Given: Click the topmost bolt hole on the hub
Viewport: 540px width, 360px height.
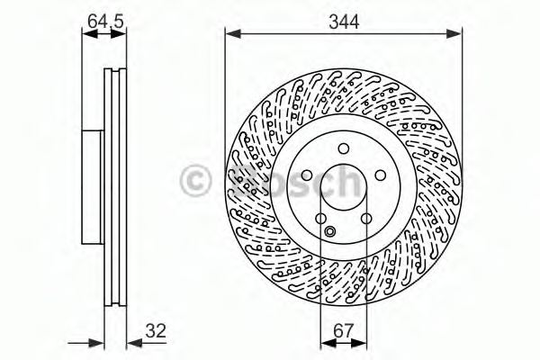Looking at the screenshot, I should coord(343,150).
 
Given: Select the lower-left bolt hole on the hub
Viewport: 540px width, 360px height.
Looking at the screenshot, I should coord(320,220).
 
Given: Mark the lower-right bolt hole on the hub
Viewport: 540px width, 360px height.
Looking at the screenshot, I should coord(366,220).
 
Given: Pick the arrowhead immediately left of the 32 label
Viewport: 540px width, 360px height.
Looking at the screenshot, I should coord(128,341).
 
